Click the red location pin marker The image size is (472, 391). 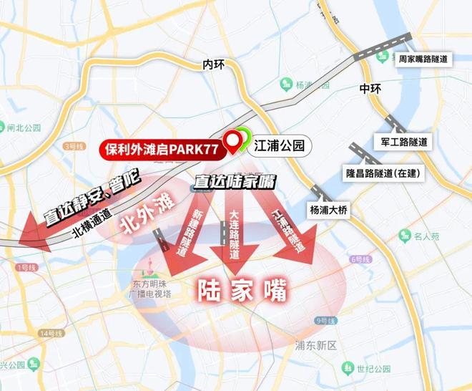click(x=233, y=142)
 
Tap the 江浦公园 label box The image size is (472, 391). click(x=280, y=146)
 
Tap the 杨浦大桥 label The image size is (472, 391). click(x=333, y=210)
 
